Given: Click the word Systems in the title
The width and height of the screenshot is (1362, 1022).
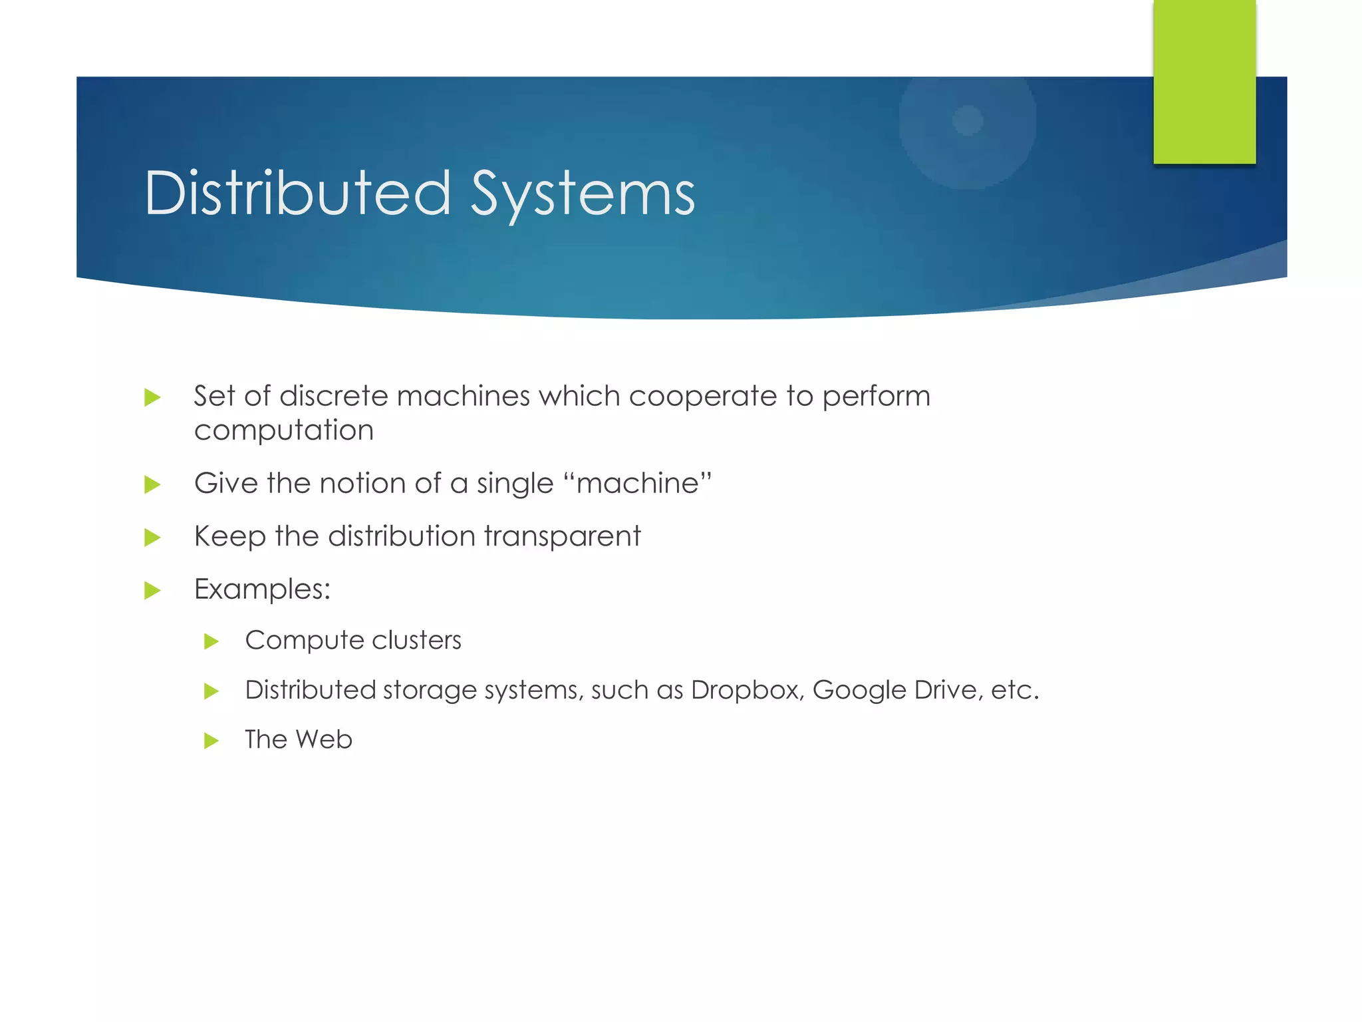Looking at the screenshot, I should [x=583, y=194].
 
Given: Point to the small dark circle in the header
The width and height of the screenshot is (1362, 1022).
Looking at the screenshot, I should [x=968, y=120].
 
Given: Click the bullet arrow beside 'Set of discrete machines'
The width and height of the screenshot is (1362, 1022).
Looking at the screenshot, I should [x=153, y=398].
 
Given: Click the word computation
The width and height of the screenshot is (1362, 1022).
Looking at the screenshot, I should [x=284, y=430].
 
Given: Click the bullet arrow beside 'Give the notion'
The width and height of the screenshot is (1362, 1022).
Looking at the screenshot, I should [x=153, y=484].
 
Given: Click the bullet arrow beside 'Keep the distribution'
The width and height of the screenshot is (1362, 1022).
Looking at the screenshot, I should [x=153, y=538].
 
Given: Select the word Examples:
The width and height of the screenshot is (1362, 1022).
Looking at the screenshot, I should [x=262, y=590].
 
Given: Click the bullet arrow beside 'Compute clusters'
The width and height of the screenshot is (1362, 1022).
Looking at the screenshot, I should [x=211, y=641].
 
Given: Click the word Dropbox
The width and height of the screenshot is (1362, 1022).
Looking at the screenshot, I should [x=748, y=690].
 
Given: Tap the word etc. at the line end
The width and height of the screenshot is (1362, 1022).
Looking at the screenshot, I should [x=1014, y=690].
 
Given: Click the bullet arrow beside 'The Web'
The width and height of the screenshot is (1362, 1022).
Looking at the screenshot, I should [x=211, y=741].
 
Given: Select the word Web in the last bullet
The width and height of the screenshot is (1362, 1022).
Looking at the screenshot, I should [x=324, y=739].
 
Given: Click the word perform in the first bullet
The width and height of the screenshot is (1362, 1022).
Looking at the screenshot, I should [x=876, y=397].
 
